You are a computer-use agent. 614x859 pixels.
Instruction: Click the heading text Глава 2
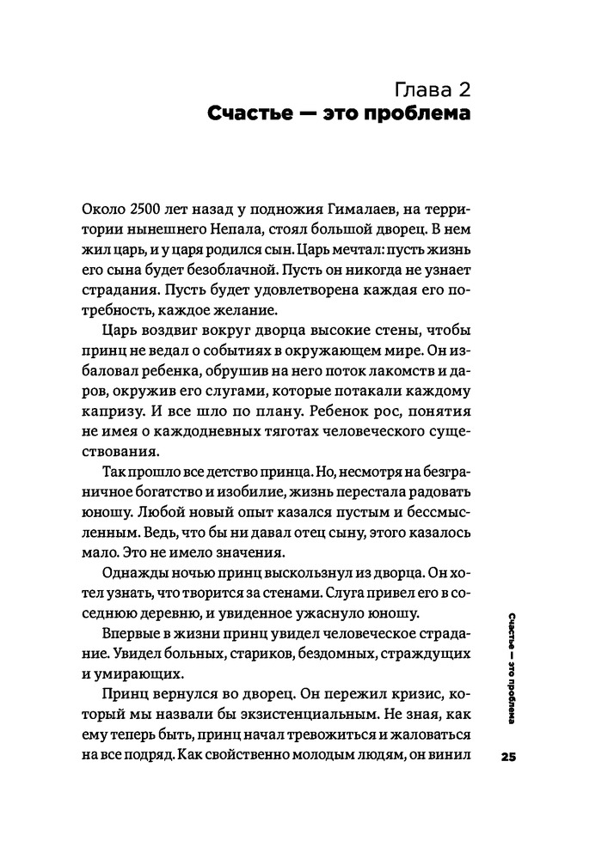[431, 88]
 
